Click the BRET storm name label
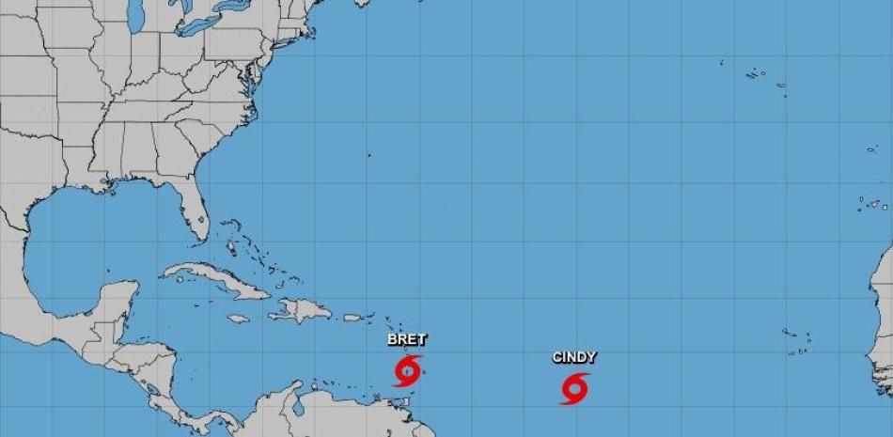[x=405, y=341]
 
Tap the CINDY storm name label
[x=573, y=357]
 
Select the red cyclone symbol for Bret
[x=407, y=370]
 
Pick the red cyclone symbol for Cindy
[x=574, y=387]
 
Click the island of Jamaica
[x=239, y=319]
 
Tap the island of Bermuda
[x=368, y=155]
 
